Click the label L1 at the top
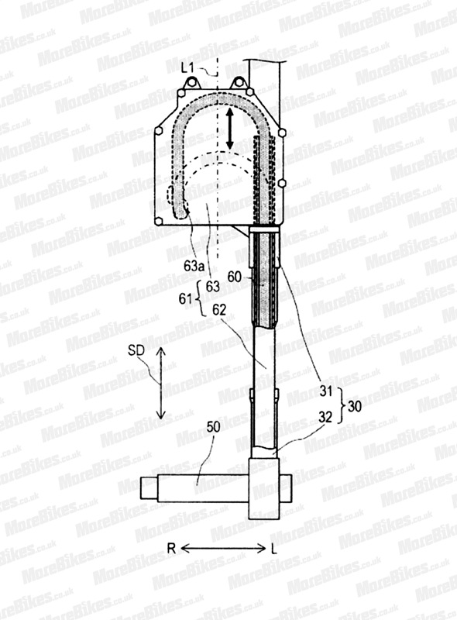pos(188,68)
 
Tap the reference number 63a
pos(194,266)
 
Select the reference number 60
pos(234,277)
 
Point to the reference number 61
pos(184,299)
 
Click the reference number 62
pos(218,310)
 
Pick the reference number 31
pos(326,391)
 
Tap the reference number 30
pos(354,405)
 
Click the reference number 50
pos(214,427)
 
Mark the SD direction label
pos(136,351)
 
